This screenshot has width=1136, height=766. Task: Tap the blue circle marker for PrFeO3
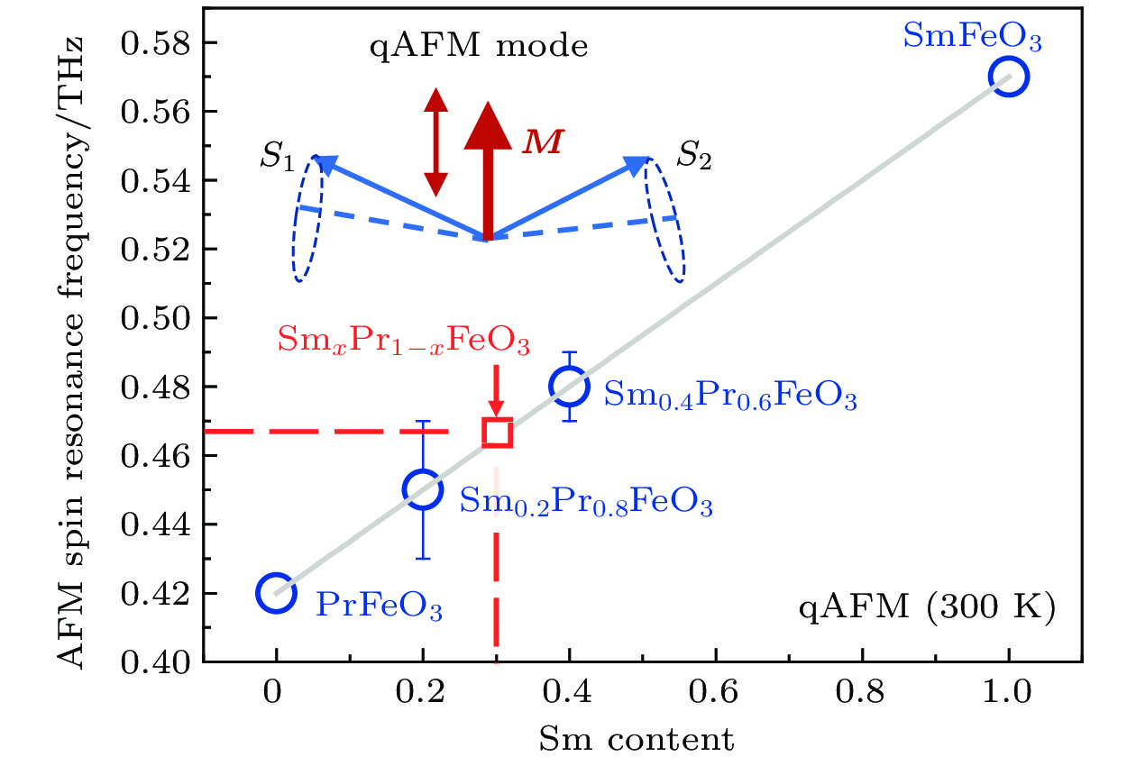pos(276,592)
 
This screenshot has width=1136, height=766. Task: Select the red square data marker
pos(498,433)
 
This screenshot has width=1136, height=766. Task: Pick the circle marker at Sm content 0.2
pos(423,489)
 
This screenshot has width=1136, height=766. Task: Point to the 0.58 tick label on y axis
pos(157,43)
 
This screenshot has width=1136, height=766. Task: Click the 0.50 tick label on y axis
pos(157,318)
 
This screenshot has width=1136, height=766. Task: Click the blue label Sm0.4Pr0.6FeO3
pos(729,396)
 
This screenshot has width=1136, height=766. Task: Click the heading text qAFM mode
pos(480,46)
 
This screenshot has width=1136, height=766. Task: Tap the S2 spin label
pos(695,160)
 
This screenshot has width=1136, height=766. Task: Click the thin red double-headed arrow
pos(435,142)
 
